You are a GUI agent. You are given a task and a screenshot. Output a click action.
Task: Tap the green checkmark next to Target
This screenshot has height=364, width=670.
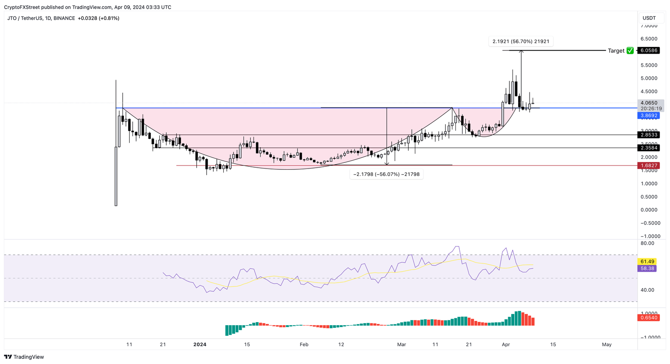(x=630, y=51)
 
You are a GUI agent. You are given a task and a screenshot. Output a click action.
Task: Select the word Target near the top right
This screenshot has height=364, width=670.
(x=616, y=51)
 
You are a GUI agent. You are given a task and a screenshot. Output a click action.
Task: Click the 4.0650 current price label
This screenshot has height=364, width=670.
(x=649, y=103)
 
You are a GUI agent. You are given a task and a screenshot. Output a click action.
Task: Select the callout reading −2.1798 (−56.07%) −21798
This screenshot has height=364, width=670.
(x=386, y=174)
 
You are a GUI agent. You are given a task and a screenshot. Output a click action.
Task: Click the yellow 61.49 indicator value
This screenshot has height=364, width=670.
(x=647, y=261)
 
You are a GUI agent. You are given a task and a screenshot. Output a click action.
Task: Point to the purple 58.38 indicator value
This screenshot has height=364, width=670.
(x=647, y=269)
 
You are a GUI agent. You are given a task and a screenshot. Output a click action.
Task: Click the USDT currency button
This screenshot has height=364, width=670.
(x=649, y=18)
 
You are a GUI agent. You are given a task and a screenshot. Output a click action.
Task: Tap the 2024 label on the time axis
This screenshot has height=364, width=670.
(x=200, y=344)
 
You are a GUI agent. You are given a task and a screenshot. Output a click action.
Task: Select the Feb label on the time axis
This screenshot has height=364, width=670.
(x=304, y=344)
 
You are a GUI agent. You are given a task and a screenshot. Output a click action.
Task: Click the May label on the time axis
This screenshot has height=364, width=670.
(x=607, y=344)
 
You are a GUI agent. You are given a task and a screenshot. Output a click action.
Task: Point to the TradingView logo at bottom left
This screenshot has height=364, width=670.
(x=24, y=357)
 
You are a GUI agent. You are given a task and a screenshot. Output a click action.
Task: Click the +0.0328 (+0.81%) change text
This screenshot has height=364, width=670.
(x=98, y=18)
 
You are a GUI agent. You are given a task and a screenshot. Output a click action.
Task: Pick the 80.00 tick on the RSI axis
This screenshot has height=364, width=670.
(x=647, y=243)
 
